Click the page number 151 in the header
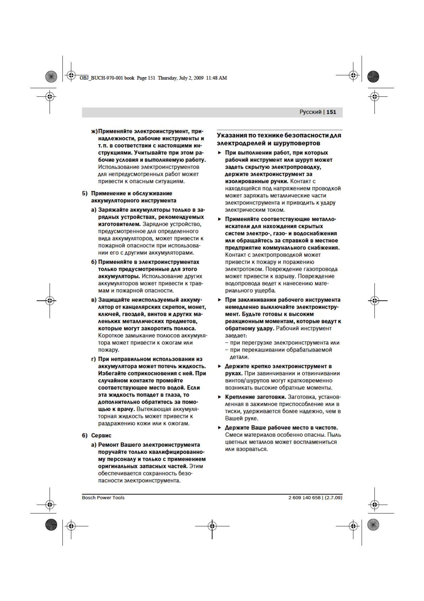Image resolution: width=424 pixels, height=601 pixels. coord(331,112)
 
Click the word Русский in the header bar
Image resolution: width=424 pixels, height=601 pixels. coord(310,112)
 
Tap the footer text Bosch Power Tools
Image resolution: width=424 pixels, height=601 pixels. coord(103,498)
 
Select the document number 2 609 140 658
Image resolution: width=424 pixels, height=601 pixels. coord(304,498)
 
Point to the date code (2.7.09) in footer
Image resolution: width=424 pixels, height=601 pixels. coord(333,498)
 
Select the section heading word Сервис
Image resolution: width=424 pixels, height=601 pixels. coord(101,435)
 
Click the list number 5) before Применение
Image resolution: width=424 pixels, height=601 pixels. coord(85,193)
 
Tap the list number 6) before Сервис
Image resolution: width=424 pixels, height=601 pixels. coord(85,435)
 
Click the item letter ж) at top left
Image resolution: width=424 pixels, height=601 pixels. coord(94,131)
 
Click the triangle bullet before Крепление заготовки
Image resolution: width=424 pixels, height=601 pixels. coord(219,397)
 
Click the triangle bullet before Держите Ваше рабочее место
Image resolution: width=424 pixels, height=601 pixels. coord(219,428)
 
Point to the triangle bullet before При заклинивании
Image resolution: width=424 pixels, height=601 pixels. coord(219,300)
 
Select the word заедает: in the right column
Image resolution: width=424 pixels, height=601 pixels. coord(236,335)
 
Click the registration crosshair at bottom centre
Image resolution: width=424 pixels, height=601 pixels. coord(212,526)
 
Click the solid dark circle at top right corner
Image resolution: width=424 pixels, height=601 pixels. coord(373,77)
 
